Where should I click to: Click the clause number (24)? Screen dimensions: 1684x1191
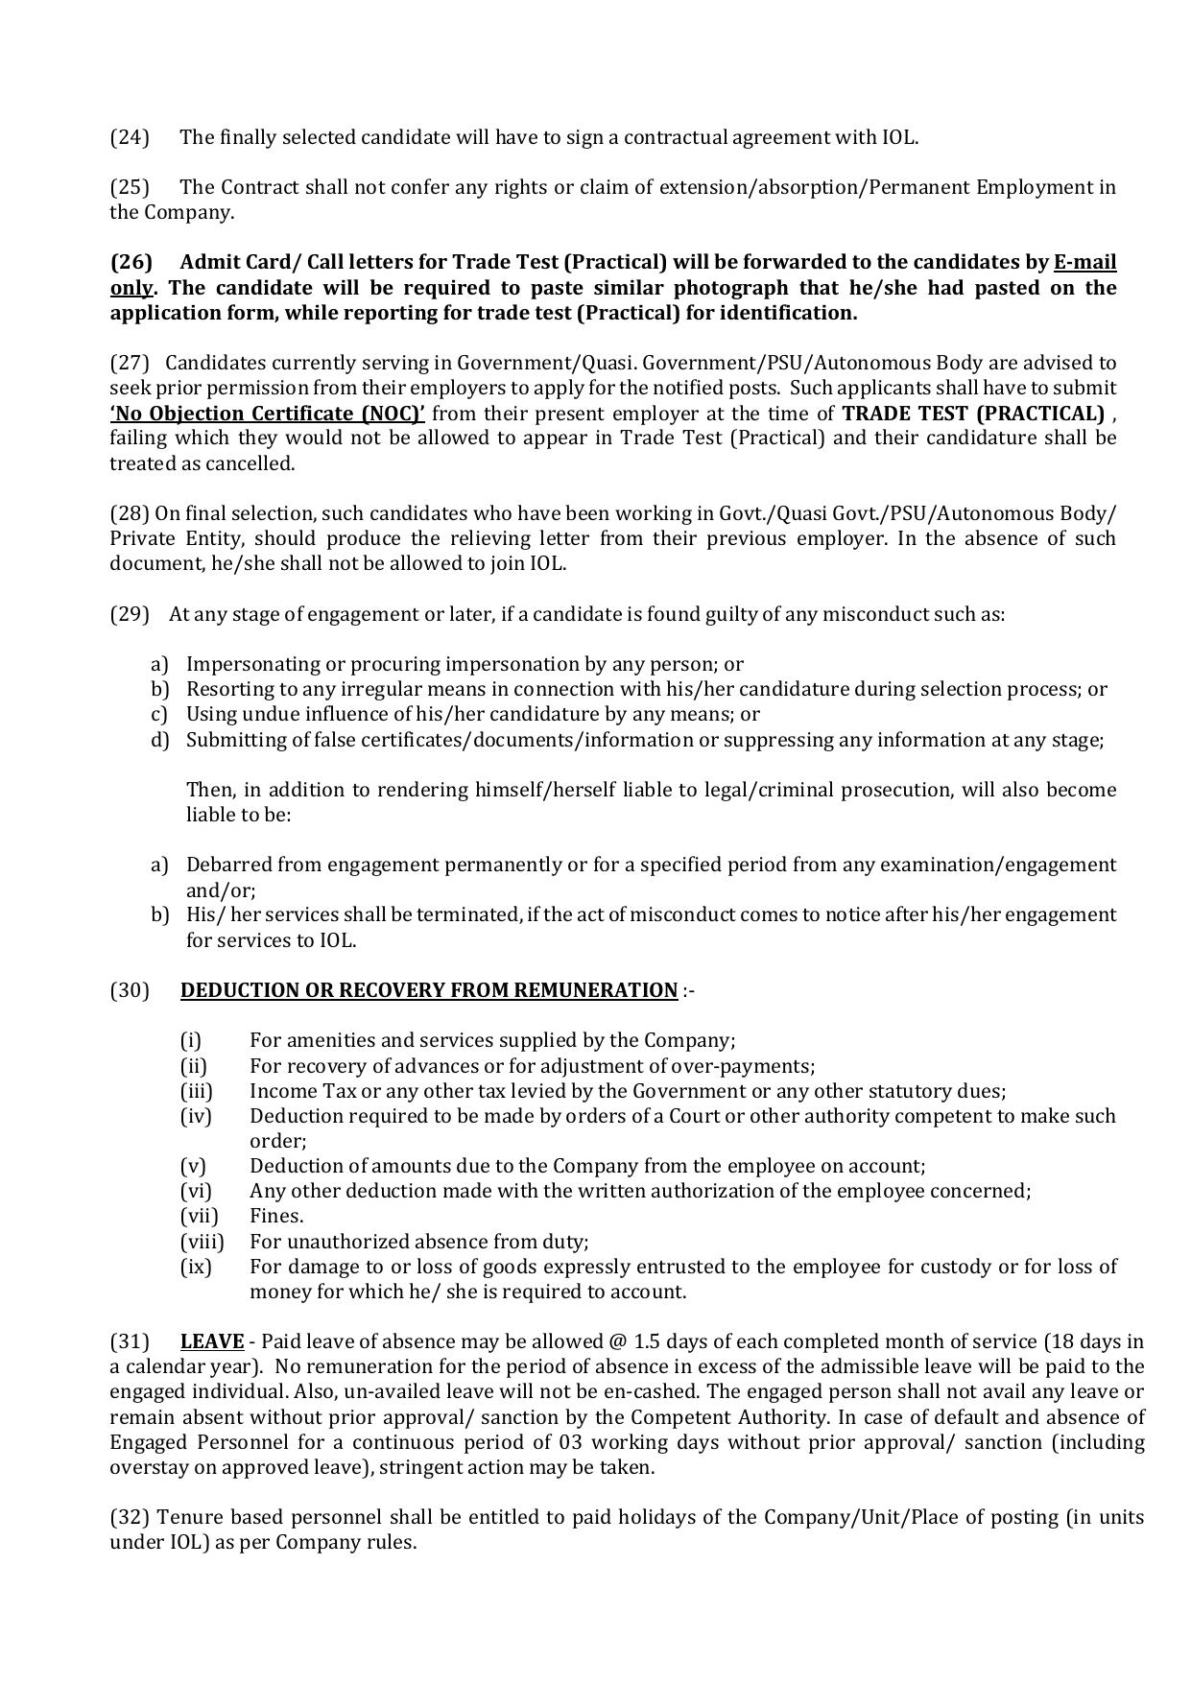[130, 137]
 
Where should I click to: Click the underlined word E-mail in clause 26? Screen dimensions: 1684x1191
[1084, 263]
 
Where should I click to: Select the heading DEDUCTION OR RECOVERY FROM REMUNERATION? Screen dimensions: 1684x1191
[428, 990]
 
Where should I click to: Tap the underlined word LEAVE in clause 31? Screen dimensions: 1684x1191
[212, 1341]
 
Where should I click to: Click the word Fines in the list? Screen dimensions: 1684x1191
[276, 1216]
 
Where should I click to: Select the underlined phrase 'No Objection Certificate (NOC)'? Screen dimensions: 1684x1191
[268, 414]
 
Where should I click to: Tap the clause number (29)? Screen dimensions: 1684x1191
[130, 614]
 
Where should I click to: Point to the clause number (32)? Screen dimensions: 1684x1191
[130, 1517]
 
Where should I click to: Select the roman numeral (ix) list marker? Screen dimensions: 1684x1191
[196, 1267]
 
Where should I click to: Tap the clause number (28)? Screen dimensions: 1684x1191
[130, 513]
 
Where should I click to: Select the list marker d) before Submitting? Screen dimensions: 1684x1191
[159, 740]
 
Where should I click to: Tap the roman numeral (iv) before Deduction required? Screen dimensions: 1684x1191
[196, 1116]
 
